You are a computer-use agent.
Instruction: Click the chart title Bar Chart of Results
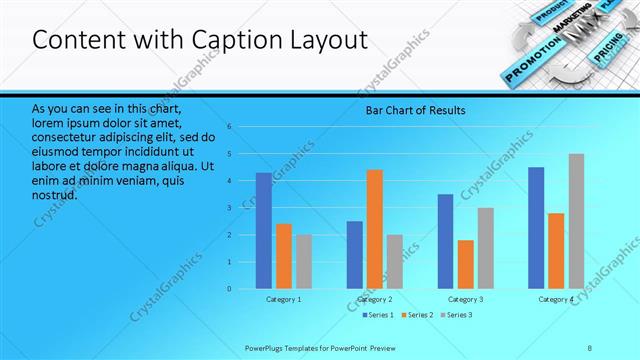coord(414,110)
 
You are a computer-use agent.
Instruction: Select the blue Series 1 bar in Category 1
coord(263,230)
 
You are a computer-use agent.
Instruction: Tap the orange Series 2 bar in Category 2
coord(375,229)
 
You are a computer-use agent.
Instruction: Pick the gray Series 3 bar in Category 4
coord(576,221)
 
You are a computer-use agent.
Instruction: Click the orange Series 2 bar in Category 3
coord(465,264)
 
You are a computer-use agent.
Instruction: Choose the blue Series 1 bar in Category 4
coord(536,228)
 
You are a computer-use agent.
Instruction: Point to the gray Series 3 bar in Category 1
coord(303,261)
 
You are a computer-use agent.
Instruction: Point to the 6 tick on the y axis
coord(229,127)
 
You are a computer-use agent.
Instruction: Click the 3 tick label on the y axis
coord(229,208)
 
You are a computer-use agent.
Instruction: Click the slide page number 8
coord(589,346)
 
